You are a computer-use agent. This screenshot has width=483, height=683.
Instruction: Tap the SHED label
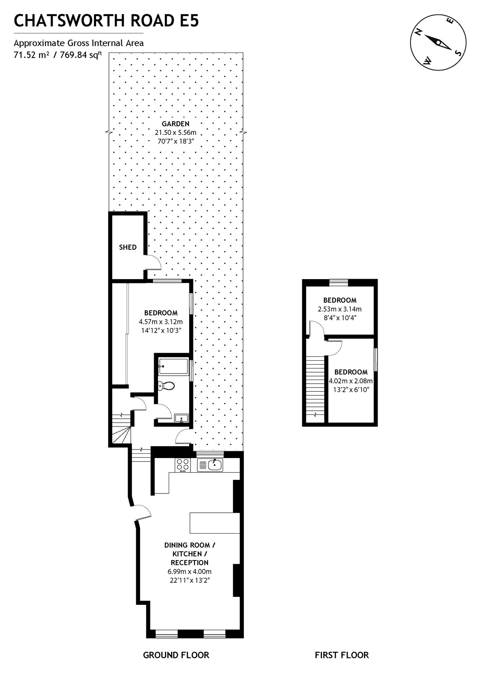128,247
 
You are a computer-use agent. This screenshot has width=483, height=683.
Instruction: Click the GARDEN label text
176,124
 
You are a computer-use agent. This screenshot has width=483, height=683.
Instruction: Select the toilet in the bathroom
166,385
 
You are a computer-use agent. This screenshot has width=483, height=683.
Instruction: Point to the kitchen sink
210,465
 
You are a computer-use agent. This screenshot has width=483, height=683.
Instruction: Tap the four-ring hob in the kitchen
183,465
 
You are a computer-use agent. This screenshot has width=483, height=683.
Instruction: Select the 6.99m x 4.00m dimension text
190,572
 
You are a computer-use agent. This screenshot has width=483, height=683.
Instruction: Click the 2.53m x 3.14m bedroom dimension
340,309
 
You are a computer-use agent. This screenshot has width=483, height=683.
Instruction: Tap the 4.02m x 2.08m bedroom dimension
351,381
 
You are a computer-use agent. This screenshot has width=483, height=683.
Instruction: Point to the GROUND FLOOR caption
176,655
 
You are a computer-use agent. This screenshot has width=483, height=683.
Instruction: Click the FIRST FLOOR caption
341,655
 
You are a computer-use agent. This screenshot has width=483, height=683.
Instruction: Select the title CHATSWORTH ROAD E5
106,20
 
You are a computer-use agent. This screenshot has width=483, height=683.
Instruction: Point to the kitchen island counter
214,523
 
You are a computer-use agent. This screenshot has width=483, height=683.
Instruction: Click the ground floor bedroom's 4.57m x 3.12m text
161,322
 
